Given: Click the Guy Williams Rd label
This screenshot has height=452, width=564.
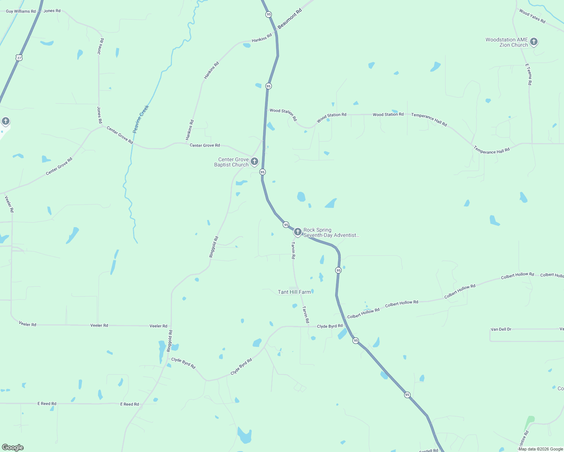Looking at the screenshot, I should [21, 11].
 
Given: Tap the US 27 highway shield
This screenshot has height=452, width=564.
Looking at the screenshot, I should [19, 58].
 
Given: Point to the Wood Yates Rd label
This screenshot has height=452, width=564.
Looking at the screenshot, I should [532, 16].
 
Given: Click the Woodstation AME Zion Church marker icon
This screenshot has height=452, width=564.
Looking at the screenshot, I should [533, 42].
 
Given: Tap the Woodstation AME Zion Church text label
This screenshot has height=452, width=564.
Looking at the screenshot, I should [507, 42].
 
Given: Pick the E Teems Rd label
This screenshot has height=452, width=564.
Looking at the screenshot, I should [529, 74].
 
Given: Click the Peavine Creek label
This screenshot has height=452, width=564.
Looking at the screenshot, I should [141, 119].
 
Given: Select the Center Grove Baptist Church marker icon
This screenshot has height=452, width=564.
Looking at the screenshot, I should [254, 162].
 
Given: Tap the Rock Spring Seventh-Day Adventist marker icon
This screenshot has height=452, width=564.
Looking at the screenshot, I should [297, 232].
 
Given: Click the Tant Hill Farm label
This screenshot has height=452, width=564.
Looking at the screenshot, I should [294, 292].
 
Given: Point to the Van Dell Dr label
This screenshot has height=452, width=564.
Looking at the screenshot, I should [501, 329].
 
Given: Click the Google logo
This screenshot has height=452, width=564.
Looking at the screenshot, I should [13, 447].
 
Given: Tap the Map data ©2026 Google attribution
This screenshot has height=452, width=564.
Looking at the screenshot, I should [541, 449].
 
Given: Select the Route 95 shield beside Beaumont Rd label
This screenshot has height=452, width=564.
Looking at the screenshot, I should [268, 14].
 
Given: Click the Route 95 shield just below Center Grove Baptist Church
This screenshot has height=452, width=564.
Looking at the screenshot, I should [263, 172].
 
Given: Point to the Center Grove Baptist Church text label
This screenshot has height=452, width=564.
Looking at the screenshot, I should [231, 162].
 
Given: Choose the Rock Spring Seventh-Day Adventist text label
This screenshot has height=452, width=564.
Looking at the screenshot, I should [331, 232].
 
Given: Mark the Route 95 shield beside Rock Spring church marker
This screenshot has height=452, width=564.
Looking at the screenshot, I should [286, 224].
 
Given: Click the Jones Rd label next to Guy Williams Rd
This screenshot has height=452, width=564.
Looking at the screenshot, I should [52, 11].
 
